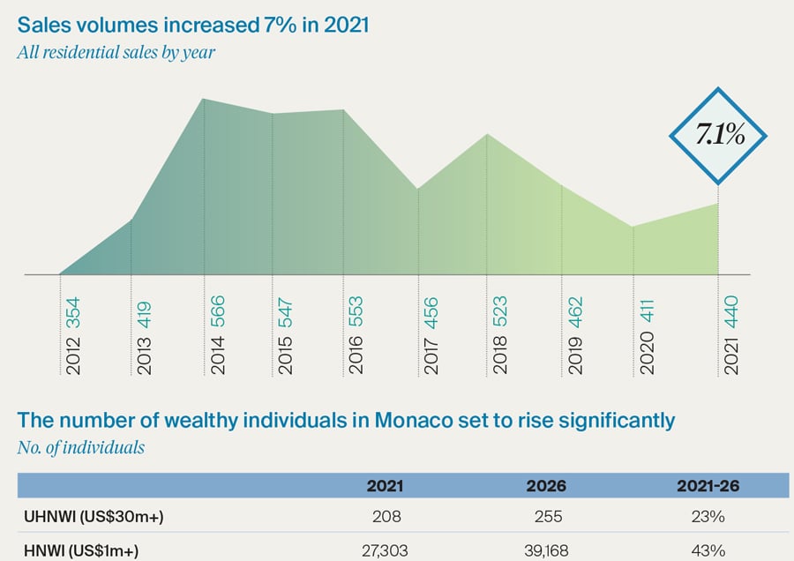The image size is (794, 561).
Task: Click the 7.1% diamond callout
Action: click(718, 135)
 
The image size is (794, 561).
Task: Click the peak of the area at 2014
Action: click(204, 99)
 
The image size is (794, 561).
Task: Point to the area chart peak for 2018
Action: click(487, 134)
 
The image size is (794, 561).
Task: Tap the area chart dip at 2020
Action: click(633, 227)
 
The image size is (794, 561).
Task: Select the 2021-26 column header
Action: click(709, 485)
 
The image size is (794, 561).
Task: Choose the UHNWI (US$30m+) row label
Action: click(91, 517)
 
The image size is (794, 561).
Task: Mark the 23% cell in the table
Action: click(709, 517)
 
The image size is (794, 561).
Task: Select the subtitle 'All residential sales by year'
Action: click(116, 51)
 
